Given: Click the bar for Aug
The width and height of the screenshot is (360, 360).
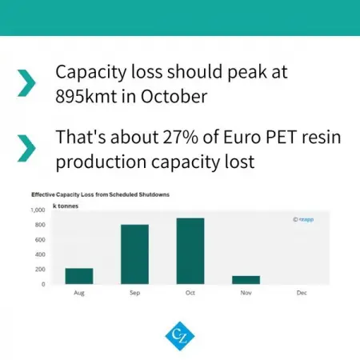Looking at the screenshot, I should point(78,276).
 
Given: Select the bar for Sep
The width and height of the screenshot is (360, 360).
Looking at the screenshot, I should point(134,254).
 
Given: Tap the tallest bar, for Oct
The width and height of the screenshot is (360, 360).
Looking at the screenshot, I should point(190,251).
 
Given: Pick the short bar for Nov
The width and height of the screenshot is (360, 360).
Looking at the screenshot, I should point(246,280).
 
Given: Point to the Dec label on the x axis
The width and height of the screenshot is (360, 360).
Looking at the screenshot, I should point(302,293).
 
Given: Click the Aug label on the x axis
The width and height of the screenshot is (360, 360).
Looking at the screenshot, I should point(78,293).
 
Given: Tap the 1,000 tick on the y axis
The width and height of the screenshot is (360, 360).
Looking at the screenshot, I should point(38,210).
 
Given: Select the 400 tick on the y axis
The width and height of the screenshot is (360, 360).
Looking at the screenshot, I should point(40,254).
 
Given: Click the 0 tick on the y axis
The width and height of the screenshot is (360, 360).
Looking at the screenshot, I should point(43,284).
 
